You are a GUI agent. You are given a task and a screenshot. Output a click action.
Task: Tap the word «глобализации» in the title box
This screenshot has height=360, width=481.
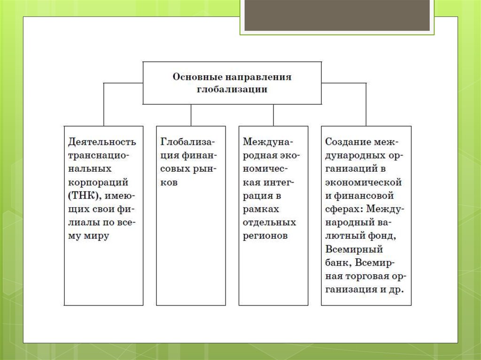[232, 90]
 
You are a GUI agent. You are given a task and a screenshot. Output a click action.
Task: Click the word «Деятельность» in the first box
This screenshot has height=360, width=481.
[102, 142]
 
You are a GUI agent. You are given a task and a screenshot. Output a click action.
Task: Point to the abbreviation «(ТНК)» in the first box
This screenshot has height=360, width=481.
[85, 196]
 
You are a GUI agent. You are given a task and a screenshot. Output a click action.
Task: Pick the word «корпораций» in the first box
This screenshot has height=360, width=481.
[98, 183]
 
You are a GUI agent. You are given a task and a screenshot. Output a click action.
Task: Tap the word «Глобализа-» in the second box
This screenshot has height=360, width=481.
[188, 142]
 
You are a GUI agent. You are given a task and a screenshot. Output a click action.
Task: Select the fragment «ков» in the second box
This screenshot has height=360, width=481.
[169, 183]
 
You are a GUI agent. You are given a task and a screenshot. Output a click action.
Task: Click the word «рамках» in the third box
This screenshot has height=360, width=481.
[261, 210]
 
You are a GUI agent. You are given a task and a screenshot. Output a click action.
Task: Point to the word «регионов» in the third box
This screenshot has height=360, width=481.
[265, 236]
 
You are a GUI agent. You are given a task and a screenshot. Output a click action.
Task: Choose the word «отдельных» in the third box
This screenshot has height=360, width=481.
[269, 222]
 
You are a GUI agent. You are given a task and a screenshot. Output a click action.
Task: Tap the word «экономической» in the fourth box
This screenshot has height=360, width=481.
[364, 182]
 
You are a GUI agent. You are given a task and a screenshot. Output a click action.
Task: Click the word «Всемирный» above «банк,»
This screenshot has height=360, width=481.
[354, 249]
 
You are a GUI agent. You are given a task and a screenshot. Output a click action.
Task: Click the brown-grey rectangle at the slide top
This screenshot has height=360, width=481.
[337, 15]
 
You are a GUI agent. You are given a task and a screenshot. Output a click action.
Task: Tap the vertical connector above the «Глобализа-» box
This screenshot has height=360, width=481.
[191, 115]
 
